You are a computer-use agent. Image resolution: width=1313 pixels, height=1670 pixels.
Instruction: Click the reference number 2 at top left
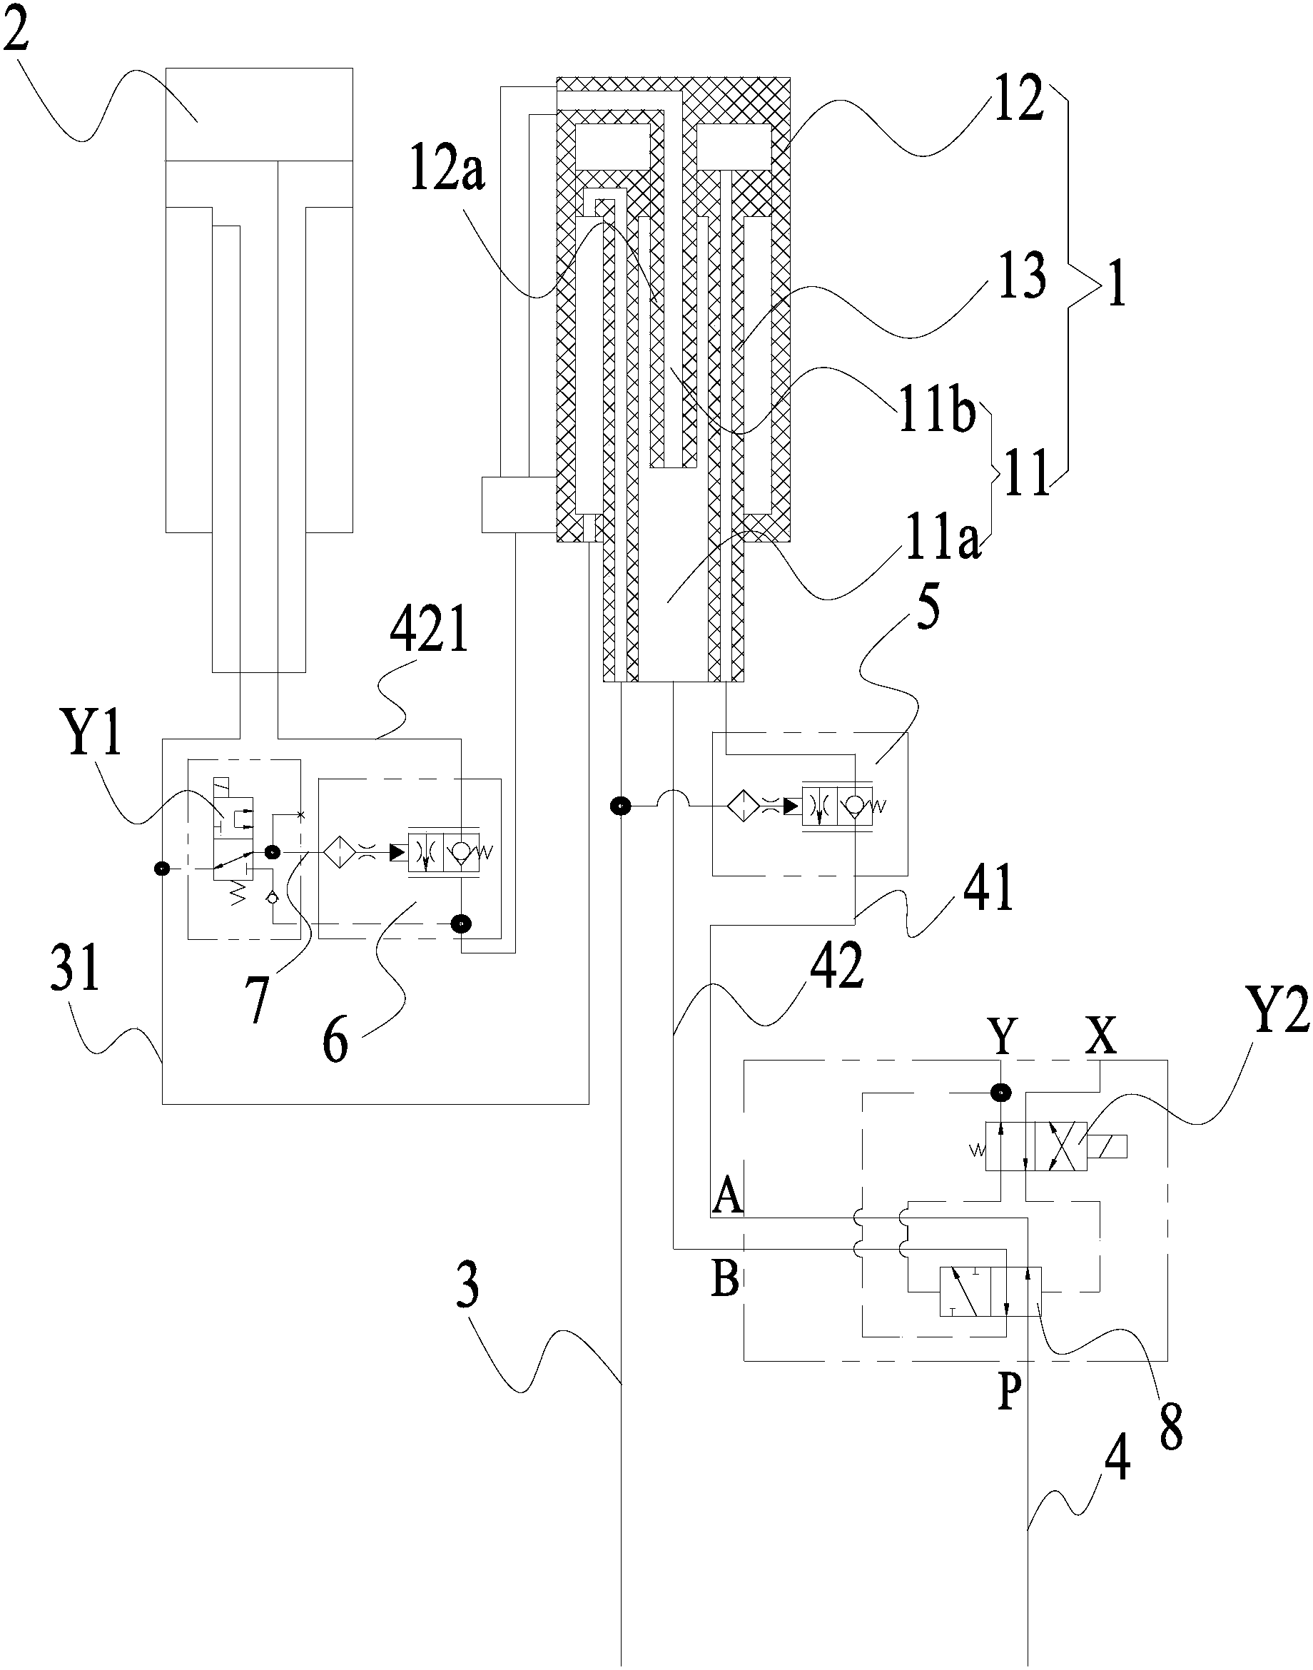[17, 26]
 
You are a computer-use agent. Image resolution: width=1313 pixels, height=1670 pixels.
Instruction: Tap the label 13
[1020, 275]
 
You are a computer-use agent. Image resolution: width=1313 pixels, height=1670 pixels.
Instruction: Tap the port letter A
[729, 1196]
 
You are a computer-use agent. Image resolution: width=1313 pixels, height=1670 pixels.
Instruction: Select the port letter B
[726, 1279]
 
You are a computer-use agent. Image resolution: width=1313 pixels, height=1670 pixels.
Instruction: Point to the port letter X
[1101, 1036]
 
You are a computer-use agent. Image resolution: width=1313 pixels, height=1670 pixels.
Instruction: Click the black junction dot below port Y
[1000, 1092]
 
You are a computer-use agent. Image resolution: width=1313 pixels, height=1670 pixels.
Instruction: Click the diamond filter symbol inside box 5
[744, 806]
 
